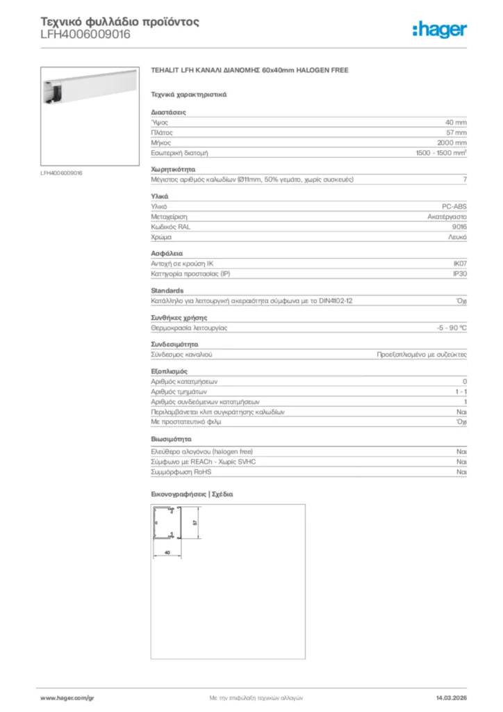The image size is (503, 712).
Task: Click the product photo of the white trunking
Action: click(x=88, y=115)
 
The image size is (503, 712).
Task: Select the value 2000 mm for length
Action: click(x=452, y=142)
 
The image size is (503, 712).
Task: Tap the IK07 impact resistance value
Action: click(x=459, y=264)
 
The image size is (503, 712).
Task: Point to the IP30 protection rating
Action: click(x=459, y=274)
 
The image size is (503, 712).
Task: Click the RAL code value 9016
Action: click(x=459, y=227)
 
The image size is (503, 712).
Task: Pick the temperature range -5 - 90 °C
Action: click(x=447, y=327)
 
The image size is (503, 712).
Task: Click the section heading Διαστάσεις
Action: click(x=169, y=112)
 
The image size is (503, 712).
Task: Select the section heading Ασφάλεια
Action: click(x=167, y=254)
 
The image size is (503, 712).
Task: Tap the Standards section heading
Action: click(x=167, y=291)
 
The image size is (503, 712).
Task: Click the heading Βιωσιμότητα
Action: click(x=171, y=439)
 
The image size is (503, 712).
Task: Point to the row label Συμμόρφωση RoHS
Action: click(x=178, y=471)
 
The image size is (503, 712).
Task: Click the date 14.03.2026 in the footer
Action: click(x=451, y=697)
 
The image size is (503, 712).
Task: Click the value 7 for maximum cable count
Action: click(x=464, y=179)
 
